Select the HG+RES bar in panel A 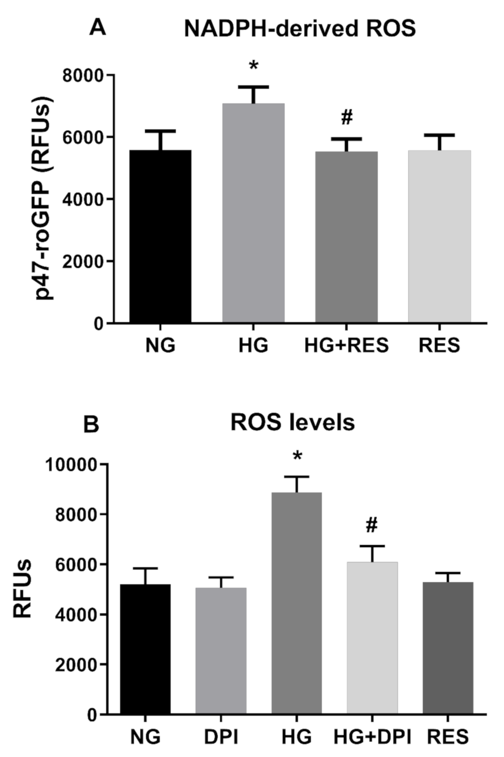346,237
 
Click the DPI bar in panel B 221,651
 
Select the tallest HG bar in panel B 297,603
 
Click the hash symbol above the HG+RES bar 347,117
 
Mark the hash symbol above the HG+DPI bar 372,525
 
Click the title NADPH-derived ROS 299,29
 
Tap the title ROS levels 292,422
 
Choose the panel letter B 91,424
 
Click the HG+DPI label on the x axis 372,737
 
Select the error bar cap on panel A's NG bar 160,131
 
